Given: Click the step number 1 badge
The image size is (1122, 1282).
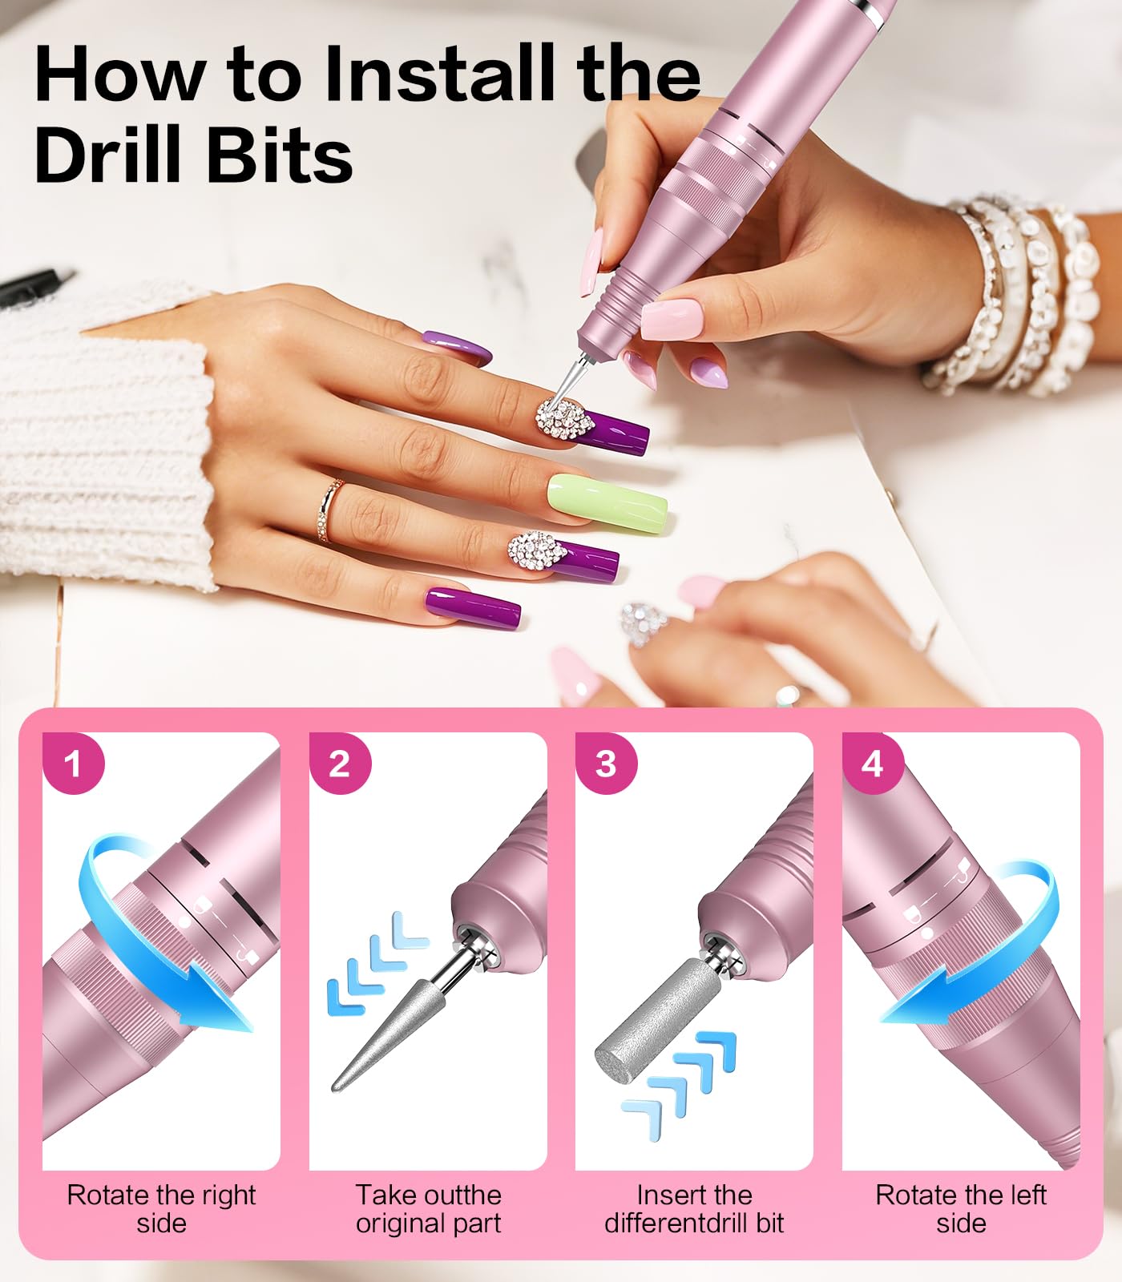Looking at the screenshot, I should [x=73, y=764].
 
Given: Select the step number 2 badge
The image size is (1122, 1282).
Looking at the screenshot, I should [x=340, y=764].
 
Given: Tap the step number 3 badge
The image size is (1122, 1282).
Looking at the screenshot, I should [x=607, y=764].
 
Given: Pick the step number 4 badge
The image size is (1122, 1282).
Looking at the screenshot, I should [x=873, y=764].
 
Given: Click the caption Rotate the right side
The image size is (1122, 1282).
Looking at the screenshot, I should [x=161, y=1208].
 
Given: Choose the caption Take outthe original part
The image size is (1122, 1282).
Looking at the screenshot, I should [x=428, y=1208].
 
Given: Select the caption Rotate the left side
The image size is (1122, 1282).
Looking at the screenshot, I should [x=960, y=1208].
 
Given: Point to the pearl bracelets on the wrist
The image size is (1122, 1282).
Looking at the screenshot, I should [x=1018, y=296].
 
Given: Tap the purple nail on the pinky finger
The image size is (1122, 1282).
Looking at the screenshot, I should [x=473, y=607].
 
